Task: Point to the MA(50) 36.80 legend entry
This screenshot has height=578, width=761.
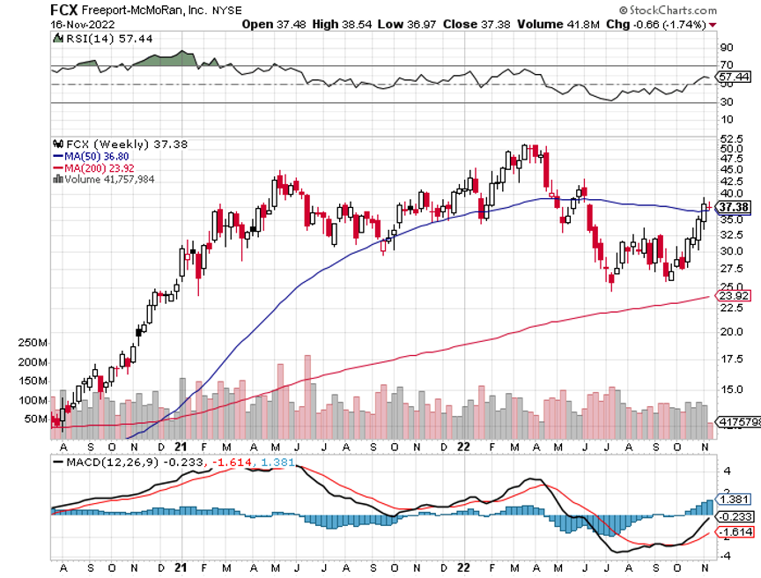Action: click(92, 156)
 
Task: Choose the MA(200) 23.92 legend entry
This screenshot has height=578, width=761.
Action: click(95, 167)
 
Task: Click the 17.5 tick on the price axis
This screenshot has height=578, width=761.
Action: click(731, 359)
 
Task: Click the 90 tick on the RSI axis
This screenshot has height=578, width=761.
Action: click(727, 47)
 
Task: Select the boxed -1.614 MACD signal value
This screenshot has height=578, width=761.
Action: click(734, 533)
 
